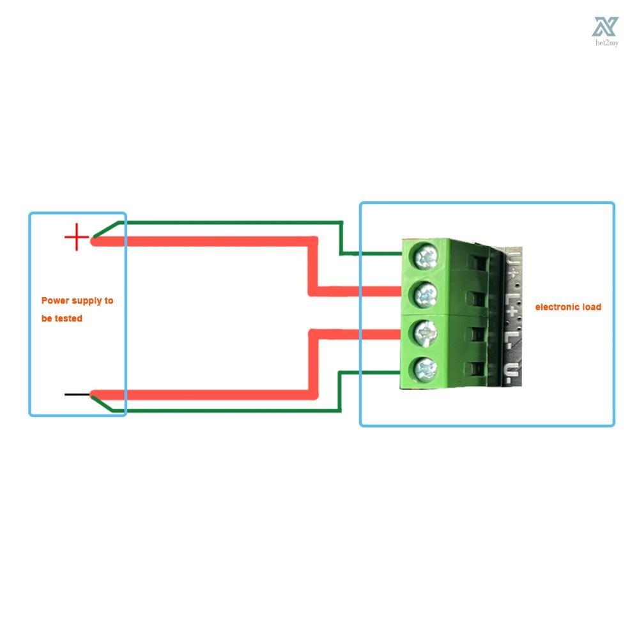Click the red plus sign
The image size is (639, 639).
[x=76, y=237]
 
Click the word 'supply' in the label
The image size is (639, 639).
[x=87, y=300]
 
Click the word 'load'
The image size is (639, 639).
[x=592, y=307]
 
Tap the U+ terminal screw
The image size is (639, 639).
[x=426, y=258]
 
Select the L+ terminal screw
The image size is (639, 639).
[x=426, y=295]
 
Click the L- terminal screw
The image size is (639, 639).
[x=426, y=331]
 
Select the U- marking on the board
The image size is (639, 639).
[x=509, y=371]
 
